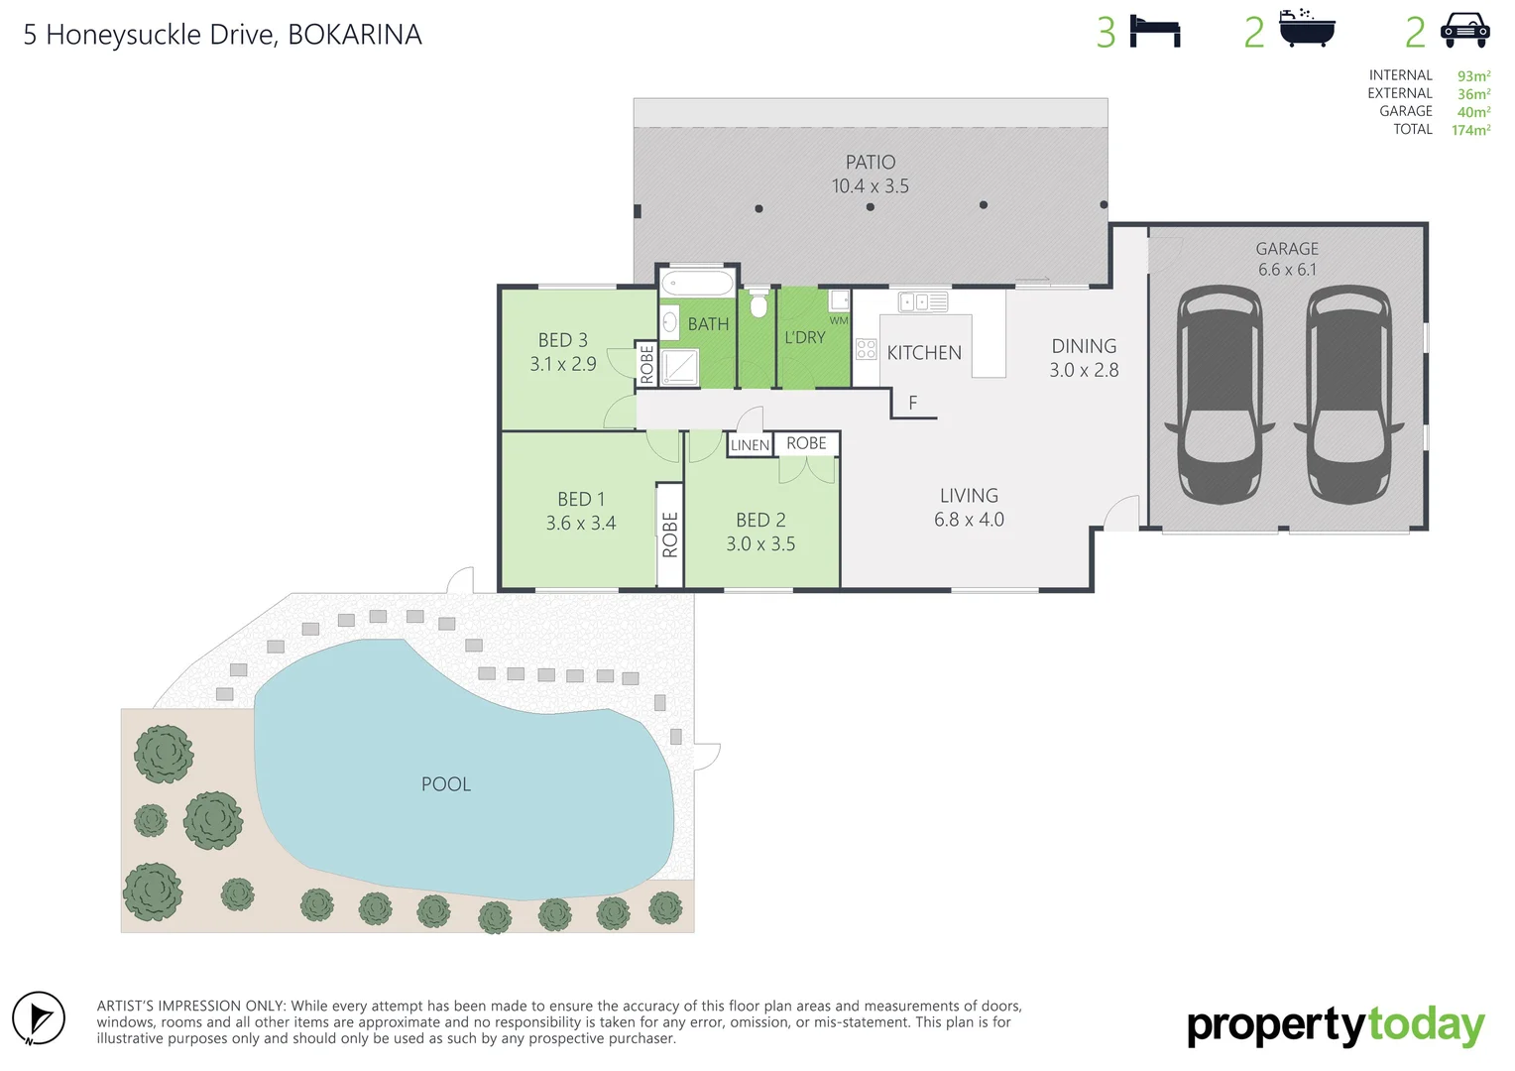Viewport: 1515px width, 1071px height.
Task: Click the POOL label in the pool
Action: (x=446, y=784)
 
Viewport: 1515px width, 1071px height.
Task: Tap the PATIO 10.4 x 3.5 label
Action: (x=870, y=174)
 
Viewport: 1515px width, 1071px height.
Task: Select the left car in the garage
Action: (x=1219, y=395)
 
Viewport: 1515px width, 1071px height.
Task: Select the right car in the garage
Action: (x=1348, y=395)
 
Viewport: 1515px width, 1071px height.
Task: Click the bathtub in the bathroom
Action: (x=698, y=282)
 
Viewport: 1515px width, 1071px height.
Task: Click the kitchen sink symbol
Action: (x=923, y=301)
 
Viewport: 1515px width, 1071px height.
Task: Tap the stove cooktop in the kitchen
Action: (x=866, y=348)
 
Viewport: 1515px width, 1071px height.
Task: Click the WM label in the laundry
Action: (x=839, y=320)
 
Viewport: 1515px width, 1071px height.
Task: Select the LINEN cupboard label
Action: (x=750, y=445)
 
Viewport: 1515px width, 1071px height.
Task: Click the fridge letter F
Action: (x=913, y=403)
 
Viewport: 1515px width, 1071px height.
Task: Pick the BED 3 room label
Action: (x=563, y=352)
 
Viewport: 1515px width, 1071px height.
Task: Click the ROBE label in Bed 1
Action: (x=670, y=535)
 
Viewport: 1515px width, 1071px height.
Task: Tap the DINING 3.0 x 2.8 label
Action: (x=1084, y=358)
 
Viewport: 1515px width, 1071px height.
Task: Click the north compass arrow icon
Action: (x=39, y=1018)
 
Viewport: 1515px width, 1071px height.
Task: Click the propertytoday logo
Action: (x=1335, y=1026)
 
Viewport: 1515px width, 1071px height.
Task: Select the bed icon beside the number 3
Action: (x=1155, y=32)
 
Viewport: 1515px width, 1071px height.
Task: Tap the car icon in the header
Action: (x=1464, y=31)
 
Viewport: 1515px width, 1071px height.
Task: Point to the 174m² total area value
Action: (x=1470, y=130)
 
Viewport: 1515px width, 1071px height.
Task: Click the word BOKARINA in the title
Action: (x=355, y=35)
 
